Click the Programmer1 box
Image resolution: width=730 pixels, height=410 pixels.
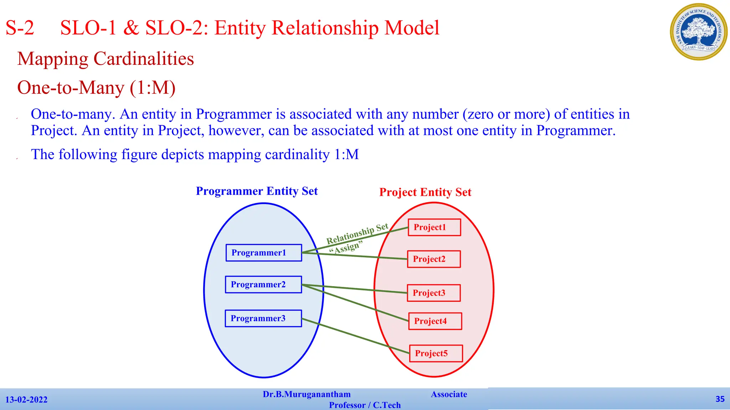click(x=264, y=253)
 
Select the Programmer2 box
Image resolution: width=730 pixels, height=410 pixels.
click(x=263, y=284)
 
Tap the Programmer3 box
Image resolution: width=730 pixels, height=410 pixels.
click(x=263, y=318)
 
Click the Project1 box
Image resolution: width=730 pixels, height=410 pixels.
click(x=434, y=227)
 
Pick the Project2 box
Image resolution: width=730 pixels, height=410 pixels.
click(x=434, y=259)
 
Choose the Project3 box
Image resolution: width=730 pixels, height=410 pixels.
click(x=433, y=293)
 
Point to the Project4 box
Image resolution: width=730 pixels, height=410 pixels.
click(x=435, y=321)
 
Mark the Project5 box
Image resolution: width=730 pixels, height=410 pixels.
click(x=436, y=353)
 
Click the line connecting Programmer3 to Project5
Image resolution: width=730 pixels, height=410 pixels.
click(x=356, y=336)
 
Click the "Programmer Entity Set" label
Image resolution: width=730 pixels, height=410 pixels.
click(x=257, y=191)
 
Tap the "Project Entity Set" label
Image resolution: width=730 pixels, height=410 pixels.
click(x=425, y=192)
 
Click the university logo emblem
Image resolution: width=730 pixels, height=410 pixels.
click(x=699, y=32)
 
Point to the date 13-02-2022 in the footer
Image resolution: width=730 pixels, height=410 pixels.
click(x=26, y=400)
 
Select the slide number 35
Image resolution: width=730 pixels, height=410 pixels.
click(x=720, y=399)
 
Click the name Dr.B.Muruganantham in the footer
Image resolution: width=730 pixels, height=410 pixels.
click(x=307, y=394)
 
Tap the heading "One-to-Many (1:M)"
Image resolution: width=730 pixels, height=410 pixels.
click(x=96, y=88)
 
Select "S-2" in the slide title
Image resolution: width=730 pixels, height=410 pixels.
click(x=20, y=28)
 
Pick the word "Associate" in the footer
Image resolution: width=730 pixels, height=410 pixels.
click(x=449, y=394)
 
